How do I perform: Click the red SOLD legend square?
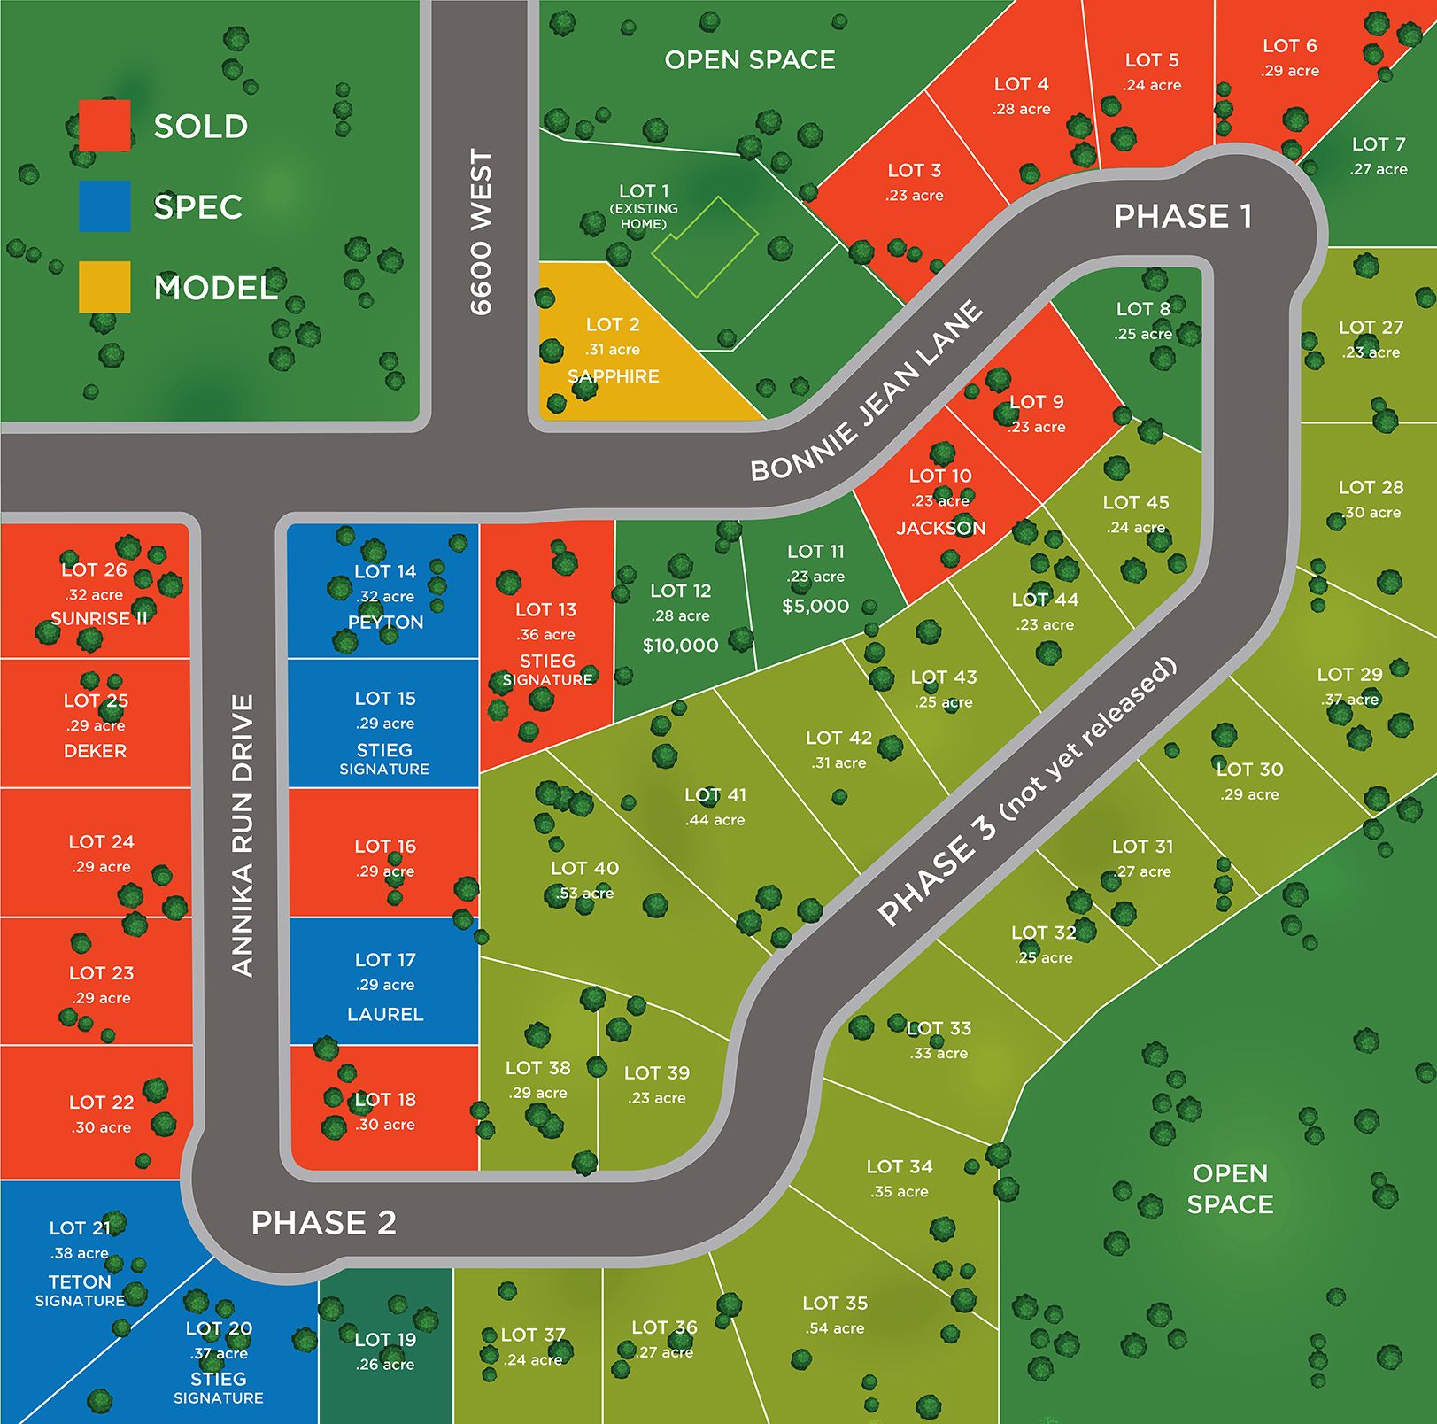104,125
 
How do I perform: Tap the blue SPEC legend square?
104,206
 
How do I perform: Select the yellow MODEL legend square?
104,287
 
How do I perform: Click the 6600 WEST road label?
481,232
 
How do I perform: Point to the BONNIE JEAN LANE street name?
867,391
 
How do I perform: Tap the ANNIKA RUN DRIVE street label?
243,835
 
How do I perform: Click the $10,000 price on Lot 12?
680,646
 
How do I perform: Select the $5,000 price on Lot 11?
815,607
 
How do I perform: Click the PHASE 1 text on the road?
1183,216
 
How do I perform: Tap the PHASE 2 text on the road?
324,1223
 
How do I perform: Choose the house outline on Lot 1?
705,246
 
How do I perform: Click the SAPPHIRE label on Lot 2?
614,376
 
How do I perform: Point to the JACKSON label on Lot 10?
940,528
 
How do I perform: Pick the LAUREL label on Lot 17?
385,1014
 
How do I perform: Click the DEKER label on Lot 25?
95,751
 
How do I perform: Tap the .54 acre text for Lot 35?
835,1328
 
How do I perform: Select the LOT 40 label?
584,869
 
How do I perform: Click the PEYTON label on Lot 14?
385,623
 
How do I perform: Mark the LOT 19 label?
385,1340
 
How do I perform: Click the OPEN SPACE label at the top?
750,60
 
